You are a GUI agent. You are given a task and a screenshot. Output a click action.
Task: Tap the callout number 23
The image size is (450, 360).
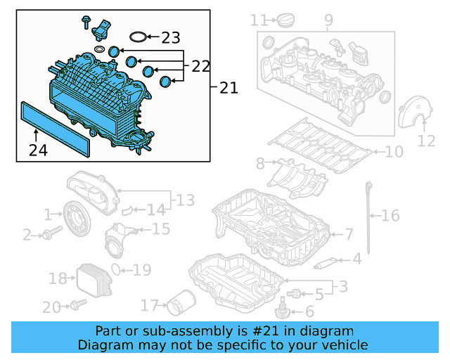click(171, 37)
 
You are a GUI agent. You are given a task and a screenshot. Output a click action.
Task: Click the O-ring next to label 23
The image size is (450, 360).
click(139, 37)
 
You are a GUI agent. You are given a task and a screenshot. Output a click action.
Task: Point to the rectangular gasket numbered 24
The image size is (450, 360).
click(56, 127)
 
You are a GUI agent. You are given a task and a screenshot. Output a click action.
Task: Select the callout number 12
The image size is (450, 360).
click(427, 141)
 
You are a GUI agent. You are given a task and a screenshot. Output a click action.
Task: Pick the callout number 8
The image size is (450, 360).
click(260, 164)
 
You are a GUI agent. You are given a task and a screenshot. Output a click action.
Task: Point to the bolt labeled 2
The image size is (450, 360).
click(46, 235)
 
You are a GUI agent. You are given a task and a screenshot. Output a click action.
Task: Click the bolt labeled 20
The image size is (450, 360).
click(76, 305)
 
